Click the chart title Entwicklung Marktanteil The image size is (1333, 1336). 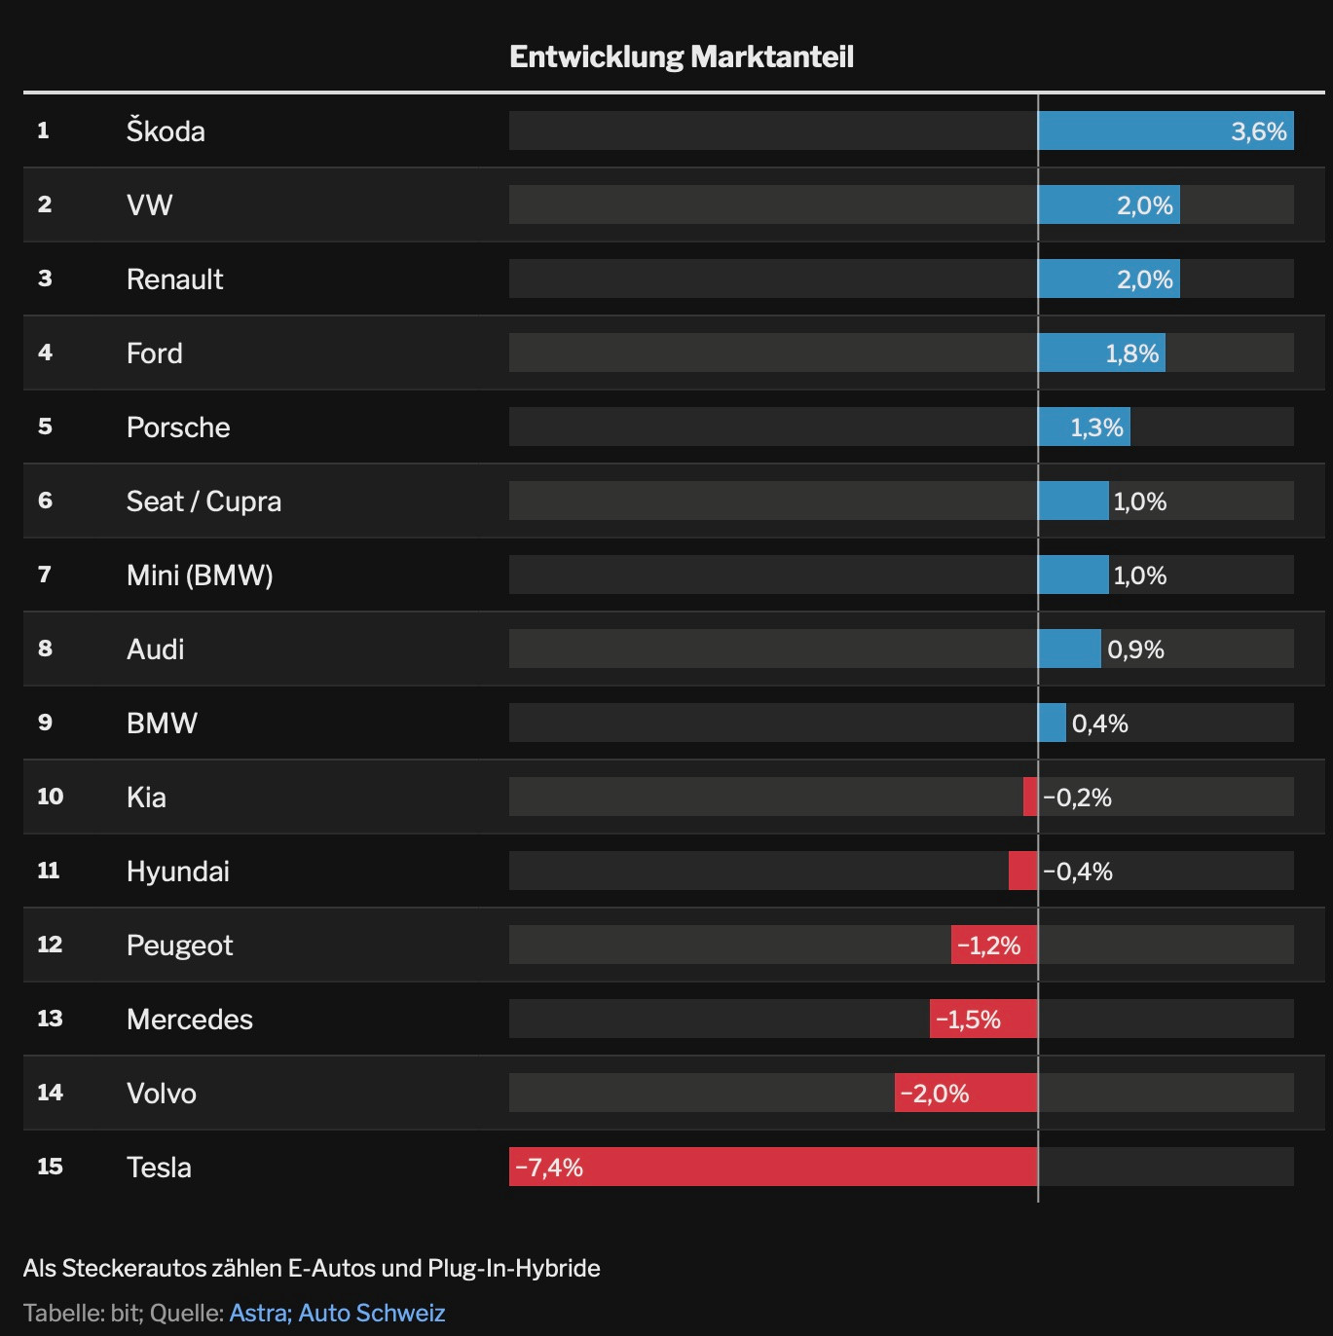[x=682, y=56]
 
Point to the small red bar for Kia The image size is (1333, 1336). [x=1030, y=797]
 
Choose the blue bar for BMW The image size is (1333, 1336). [x=1052, y=723]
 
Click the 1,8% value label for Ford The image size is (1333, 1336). [x=1131, y=353]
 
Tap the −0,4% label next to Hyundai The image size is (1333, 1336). [x=1078, y=872]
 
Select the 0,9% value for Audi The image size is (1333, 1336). [x=1135, y=649]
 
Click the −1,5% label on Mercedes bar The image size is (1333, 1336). [x=968, y=1020]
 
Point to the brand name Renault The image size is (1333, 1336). [x=174, y=279]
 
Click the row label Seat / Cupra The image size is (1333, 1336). [x=204, y=501]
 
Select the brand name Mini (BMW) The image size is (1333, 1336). [x=200, y=575]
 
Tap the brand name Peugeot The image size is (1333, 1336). [x=179, y=946]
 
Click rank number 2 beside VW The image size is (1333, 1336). [x=45, y=204]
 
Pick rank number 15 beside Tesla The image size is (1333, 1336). [x=50, y=1167]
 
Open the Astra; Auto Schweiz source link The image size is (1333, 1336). [x=337, y=1313]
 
